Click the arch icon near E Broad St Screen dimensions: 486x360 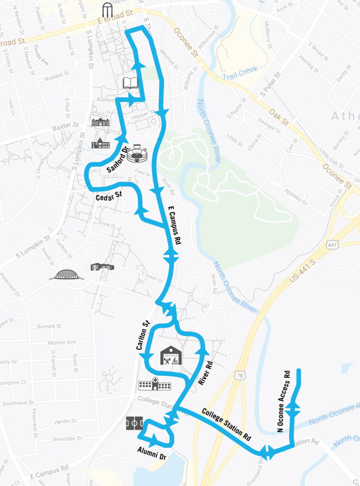(109, 9)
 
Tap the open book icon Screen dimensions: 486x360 (130, 83)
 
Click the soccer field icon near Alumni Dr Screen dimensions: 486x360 (134, 423)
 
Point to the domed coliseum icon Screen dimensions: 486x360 (66, 274)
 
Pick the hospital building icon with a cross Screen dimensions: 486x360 (155, 384)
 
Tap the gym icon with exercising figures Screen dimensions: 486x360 (171, 355)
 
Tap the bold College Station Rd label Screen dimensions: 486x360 (226, 423)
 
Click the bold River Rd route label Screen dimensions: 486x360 (205, 374)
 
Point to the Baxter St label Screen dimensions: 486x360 (65, 126)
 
